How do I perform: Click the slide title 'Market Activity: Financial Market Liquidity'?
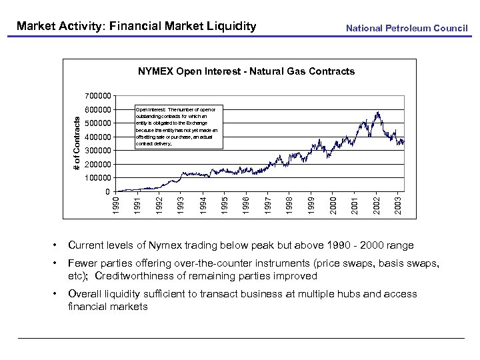point(136,27)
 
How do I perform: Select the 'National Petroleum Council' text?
point(407,28)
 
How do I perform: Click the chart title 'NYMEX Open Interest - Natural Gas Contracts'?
point(246,71)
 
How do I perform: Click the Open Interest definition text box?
point(177,125)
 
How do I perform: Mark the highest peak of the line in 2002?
point(378,112)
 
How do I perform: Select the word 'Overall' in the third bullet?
point(87,294)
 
